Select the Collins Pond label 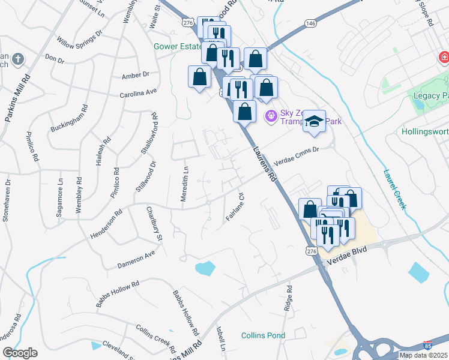pos(263,335)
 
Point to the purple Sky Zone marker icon pos(271,114)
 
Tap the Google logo pos(20,353)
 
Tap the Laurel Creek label pos(397,187)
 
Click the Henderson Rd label pos(106,222)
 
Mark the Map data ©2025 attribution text pos(423,355)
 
